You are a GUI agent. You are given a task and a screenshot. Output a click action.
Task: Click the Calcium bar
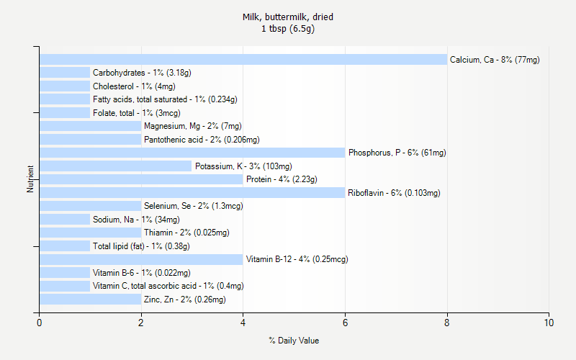pos(243,60)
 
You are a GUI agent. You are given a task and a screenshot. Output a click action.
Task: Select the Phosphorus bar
pos(192,153)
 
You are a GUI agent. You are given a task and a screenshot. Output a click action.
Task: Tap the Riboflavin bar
pos(192,193)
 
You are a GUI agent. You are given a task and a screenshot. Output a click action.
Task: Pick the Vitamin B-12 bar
pos(141,259)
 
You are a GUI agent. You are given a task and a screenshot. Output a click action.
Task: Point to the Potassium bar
pos(116,166)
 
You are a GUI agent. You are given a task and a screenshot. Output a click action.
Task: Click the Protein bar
pos(141,179)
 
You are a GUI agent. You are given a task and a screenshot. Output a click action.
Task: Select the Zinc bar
pos(90,300)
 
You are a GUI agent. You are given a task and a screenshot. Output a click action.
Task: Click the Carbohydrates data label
pos(142,73)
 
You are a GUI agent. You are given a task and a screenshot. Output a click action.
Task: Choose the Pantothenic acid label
pos(202,140)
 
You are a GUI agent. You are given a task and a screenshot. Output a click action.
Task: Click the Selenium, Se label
pos(193,206)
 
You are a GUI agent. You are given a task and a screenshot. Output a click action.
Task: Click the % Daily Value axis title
pos(294,341)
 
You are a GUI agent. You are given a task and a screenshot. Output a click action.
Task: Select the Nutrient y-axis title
pos(31,179)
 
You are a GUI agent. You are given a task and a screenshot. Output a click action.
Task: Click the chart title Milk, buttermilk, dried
pos(288,17)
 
